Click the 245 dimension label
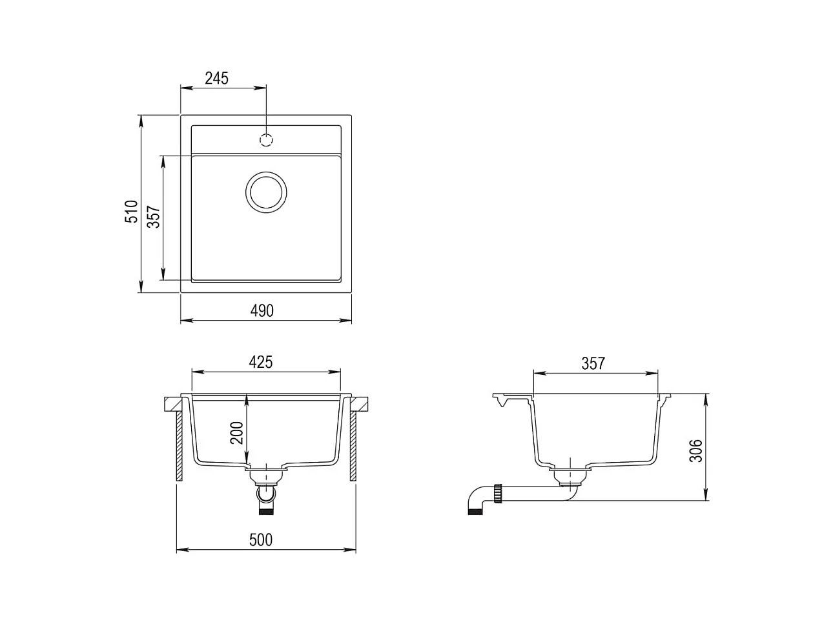[x=216, y=79]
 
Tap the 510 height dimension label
[x=131, y=212]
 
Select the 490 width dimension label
[x=262, y=311]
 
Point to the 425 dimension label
[x=261, y=362]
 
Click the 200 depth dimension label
[x=237, y=432]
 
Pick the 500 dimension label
[x=261, y=540]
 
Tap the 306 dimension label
[x=695, y=451]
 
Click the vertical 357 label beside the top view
[x=154, y=216]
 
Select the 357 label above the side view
[x=593, y=363]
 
